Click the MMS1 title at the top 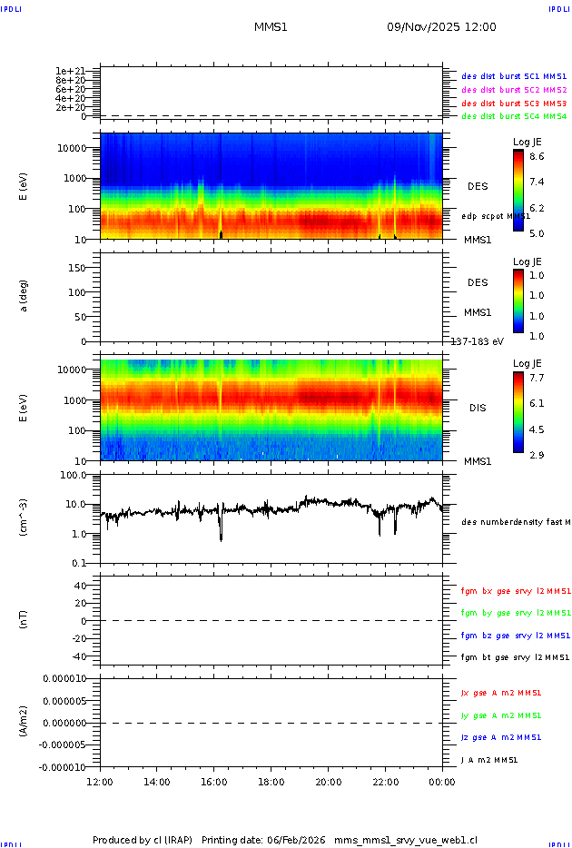[271, 27]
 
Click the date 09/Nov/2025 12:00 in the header [441, 27]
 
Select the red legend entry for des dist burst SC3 [514, 104]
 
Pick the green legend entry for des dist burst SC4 [514, 116]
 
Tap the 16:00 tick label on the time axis [213, 782]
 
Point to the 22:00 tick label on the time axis [385, 782]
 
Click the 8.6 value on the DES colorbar [537, 157]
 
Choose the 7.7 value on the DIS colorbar [537, 377]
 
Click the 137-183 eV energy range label [477, 341]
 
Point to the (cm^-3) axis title [25, 518]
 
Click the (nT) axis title [25, 621]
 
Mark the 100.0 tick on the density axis [73, 475]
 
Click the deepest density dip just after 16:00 [221, 539]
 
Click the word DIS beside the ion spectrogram [477, 408]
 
